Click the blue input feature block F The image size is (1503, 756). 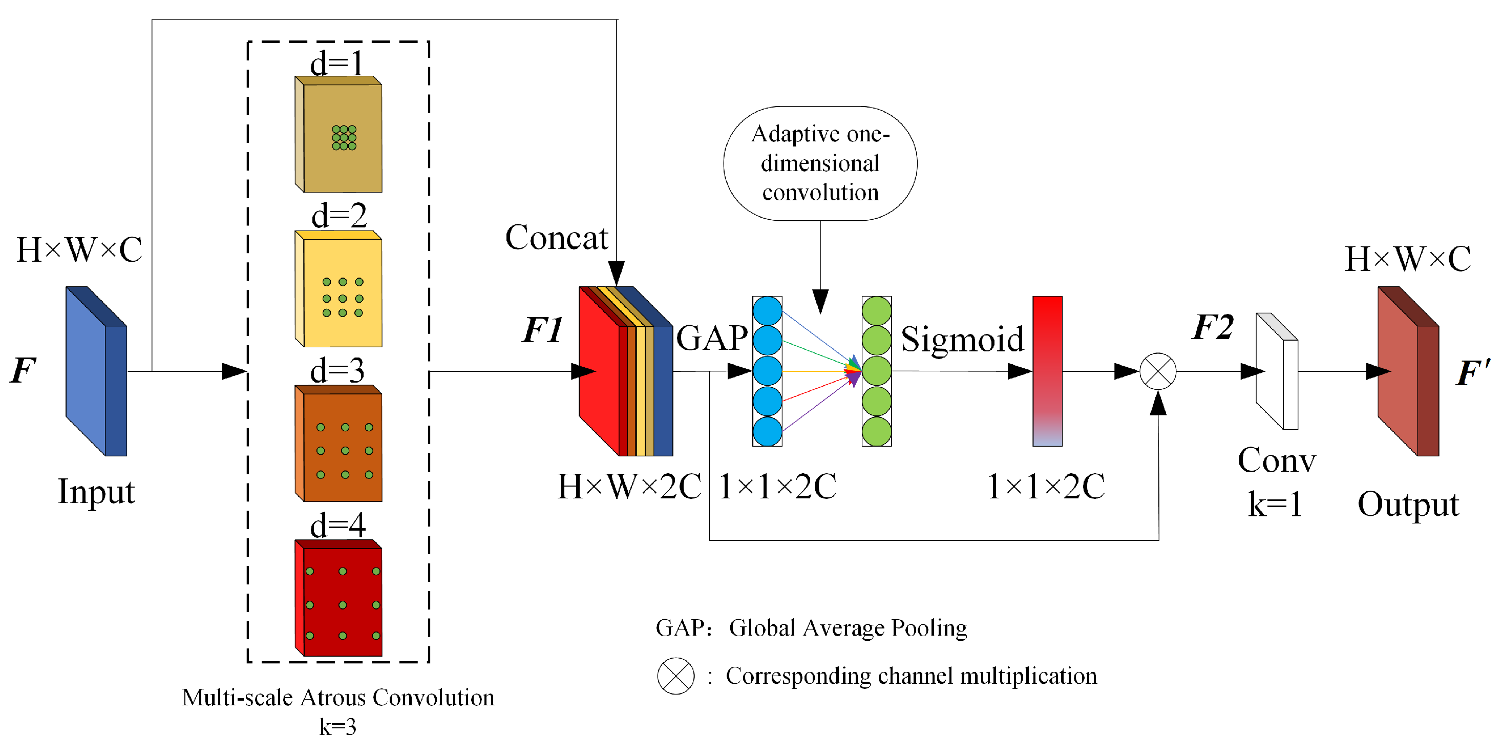(96, 371)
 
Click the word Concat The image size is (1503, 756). (557, 238)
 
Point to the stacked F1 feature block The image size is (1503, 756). (624, 371)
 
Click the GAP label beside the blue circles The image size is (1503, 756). (712, 339)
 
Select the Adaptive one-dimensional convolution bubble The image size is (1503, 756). (820, 163)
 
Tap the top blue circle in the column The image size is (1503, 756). (767, 311)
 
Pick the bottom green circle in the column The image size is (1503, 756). (876, 431)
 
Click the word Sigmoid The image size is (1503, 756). (962, 339)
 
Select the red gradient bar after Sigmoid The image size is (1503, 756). (1047, 371)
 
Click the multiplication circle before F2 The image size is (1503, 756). (1157, 371)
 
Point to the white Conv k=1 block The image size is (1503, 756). (1278, 371)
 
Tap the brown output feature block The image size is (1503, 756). (1407, 371)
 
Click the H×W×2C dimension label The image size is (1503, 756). (629, 486)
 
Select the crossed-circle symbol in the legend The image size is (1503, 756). (675, 676)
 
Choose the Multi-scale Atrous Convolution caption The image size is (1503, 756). (338, 698)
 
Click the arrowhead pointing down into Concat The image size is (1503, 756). (617, 273)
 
